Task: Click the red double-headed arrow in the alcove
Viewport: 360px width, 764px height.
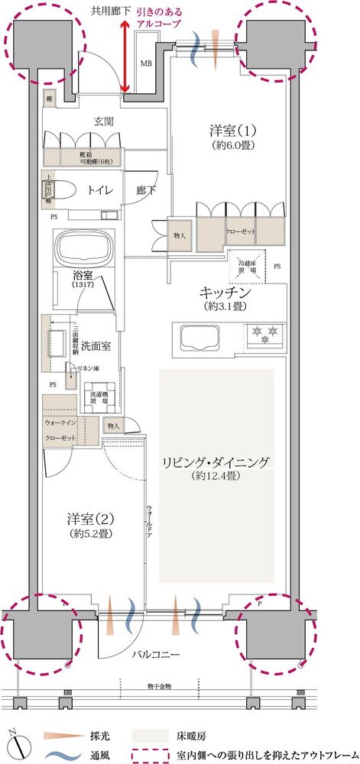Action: [x=125, y=58]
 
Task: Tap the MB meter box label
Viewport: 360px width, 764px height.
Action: [x=145, y=64]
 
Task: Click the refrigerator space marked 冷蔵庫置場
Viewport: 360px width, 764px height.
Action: [x=247, y=267]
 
